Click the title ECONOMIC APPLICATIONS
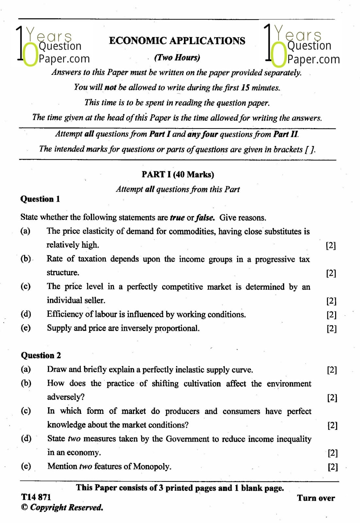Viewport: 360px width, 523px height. pos(177,41)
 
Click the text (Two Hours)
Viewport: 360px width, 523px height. pos(177,58)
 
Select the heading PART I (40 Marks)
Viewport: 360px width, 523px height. pos(178,174)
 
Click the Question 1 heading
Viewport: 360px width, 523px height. pos(40,199)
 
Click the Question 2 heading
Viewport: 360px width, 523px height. pos(41,355)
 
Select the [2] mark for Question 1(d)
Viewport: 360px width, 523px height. pos(331,314)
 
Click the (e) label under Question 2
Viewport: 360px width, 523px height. pos(26,466)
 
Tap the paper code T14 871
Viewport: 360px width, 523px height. pos(36,497)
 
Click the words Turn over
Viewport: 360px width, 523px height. pos(316,498)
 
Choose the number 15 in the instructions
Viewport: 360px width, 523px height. pos(245,88)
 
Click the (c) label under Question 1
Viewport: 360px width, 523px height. pos(25,286)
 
